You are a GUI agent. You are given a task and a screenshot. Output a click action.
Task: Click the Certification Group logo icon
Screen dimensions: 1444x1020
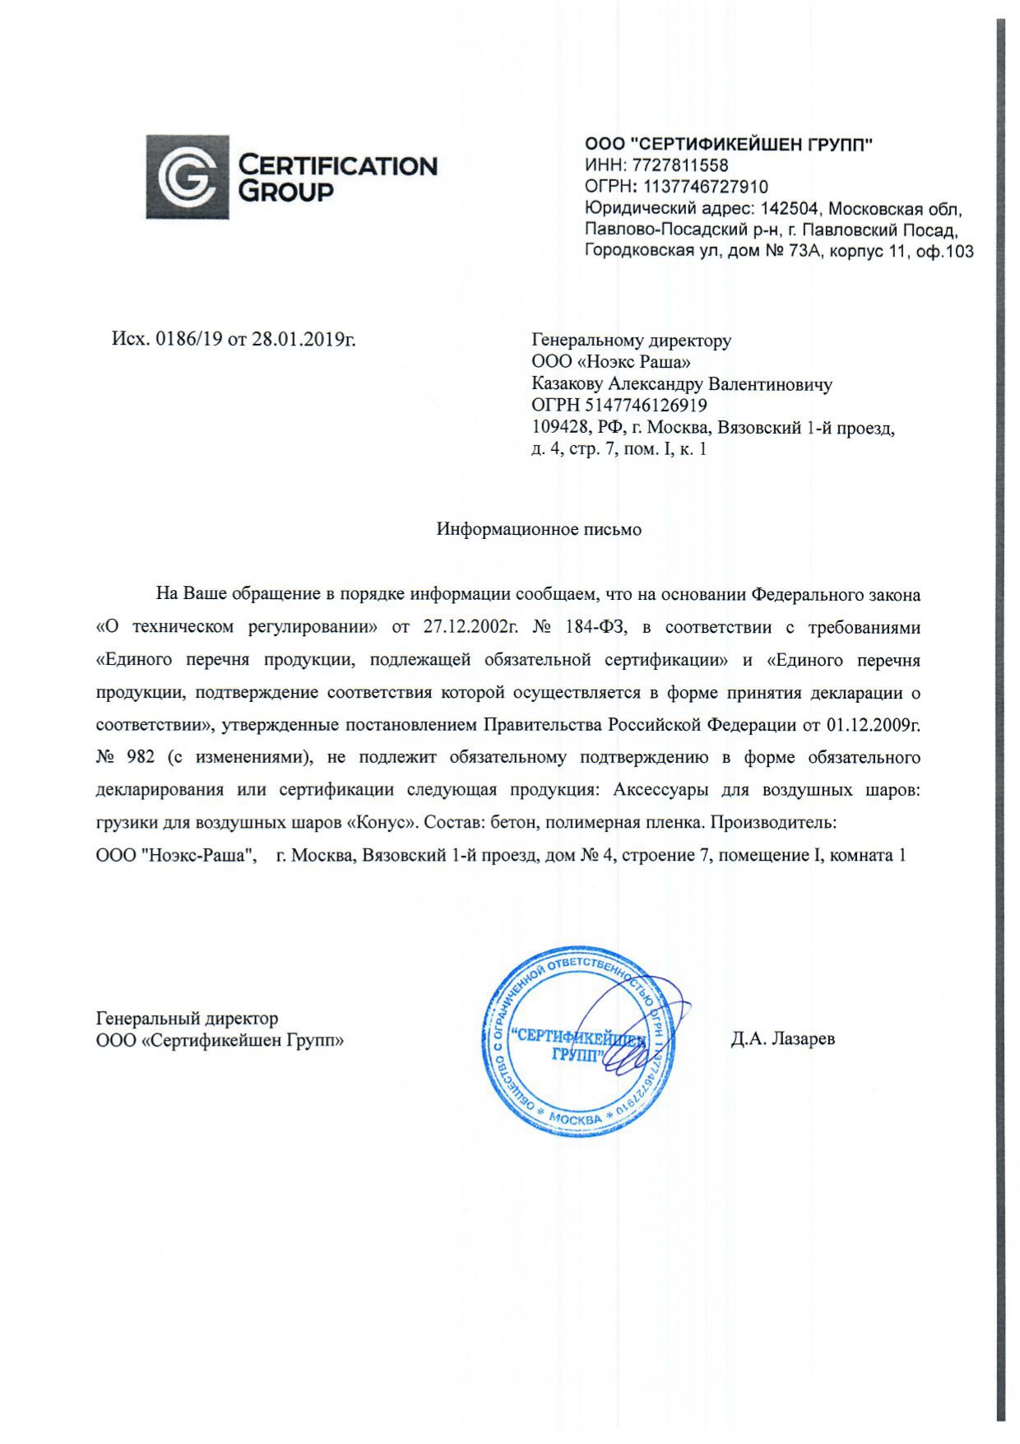[187, 177]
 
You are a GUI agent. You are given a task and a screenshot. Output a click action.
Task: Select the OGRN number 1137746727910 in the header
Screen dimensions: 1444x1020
[705, 187]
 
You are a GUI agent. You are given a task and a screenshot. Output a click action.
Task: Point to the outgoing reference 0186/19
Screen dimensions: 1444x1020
[189, 339]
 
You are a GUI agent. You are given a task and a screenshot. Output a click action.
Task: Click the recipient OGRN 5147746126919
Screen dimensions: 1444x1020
[646, 405]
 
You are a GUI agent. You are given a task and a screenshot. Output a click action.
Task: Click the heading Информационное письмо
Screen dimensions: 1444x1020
[539, 529]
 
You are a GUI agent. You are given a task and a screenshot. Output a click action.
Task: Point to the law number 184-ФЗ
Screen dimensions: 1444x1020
[596, 627]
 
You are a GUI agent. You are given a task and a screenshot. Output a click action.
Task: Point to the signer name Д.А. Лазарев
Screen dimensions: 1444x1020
[782, 1038]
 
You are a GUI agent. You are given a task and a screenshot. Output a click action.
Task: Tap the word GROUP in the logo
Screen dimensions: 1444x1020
[285, 192]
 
